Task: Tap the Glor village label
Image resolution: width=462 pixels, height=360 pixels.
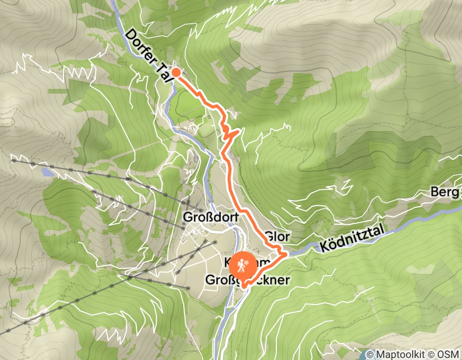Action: pos(278,237)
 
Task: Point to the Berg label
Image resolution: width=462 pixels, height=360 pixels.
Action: pos(446,192)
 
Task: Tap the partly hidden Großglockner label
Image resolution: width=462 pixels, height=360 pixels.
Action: pos(248,280)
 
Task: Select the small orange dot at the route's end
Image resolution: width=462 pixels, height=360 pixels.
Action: pos(175,73)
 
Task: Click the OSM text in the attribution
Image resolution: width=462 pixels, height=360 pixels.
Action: pos(449,354)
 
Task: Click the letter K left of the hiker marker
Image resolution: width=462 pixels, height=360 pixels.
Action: pos(227,262)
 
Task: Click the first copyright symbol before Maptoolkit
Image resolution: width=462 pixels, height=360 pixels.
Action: pos(369,354)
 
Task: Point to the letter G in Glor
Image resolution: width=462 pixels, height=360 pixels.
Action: pos(270,237)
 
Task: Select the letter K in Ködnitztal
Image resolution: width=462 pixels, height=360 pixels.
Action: pos(324,246)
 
